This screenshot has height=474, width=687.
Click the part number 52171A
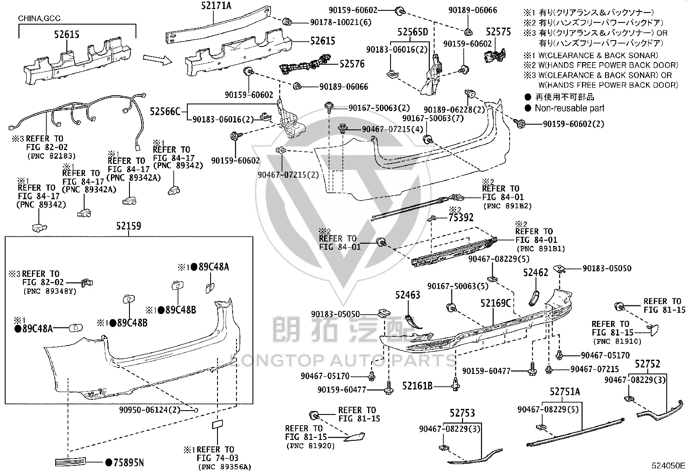click(216, 6)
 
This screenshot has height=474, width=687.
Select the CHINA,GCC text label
click(39, 19)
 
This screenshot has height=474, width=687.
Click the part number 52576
click(352, 64)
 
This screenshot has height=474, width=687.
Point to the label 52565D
click(413, 32)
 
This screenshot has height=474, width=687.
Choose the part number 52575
click(498, 31)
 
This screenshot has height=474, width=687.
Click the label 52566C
click(165, 111)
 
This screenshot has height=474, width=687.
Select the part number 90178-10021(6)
click(341, 22)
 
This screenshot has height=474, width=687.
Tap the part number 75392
click(461, 217)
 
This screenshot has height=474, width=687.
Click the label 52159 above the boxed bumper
click(129, 226)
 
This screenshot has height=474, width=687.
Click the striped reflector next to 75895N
click(70, 462)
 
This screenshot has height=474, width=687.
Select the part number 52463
click(408, 295)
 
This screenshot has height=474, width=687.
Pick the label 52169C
click(495, 303)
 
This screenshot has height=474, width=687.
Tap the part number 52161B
click(417, 386)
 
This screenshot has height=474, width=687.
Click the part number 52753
click(462, 413)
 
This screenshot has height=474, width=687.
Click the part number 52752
click(647, 364)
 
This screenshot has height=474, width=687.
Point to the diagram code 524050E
click(668, 465)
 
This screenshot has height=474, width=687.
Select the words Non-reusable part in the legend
click(570, 108)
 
